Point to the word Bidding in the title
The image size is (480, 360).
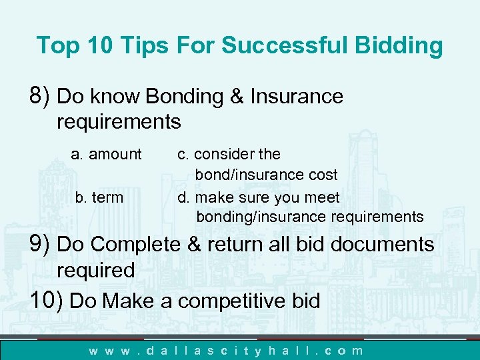click(x=401, y=46)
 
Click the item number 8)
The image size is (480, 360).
click(x=41, y=97)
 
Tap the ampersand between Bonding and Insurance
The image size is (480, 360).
click(x=238, y=97)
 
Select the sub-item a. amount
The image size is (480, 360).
click(x=107, y=155)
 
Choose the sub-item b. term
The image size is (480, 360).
click(x=99, y=197)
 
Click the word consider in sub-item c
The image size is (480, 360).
click(x=225, y=155)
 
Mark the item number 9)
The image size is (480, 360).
click(x=41, y=245)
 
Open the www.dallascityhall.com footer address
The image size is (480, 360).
click(x=227, y=350)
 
